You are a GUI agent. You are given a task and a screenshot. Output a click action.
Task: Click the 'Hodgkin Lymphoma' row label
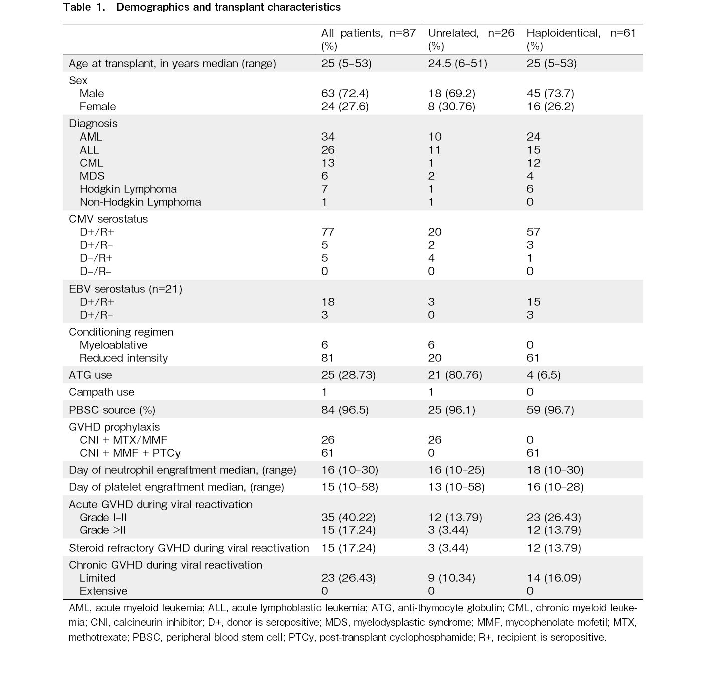[x=128, y=189]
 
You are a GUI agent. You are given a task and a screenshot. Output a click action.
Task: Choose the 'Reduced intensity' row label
[x=123, y=358]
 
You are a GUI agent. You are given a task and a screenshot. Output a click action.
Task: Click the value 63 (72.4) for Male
[x=344, y=94]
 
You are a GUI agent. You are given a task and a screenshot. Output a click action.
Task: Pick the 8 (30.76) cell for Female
[x=451, y=107]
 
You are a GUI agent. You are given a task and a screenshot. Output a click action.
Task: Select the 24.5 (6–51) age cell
[x=457, y=64]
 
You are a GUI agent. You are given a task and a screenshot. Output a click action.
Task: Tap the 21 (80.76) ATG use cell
[x=455, y=375]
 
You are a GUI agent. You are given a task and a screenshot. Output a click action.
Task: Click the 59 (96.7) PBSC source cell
[x=550, y=410]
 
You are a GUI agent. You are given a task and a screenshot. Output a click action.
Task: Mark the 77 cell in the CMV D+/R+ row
[x=328, y=232]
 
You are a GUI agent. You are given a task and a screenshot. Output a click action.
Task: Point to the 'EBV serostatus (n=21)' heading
[x=125, y=289]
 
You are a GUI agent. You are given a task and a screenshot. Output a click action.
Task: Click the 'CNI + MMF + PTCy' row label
[x=130, y=453]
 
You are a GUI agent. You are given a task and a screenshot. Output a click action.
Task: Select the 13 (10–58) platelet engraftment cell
[x=456, y=487]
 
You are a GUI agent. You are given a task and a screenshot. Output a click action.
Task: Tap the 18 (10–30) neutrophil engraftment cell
[x=555, y=470]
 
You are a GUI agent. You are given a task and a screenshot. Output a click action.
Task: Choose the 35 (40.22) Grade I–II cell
[x=348, y=518]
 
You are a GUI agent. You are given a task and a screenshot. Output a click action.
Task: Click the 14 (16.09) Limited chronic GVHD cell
[x=554, y=578]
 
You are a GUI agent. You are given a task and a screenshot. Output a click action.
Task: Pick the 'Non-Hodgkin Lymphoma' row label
[x=140, y=202]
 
